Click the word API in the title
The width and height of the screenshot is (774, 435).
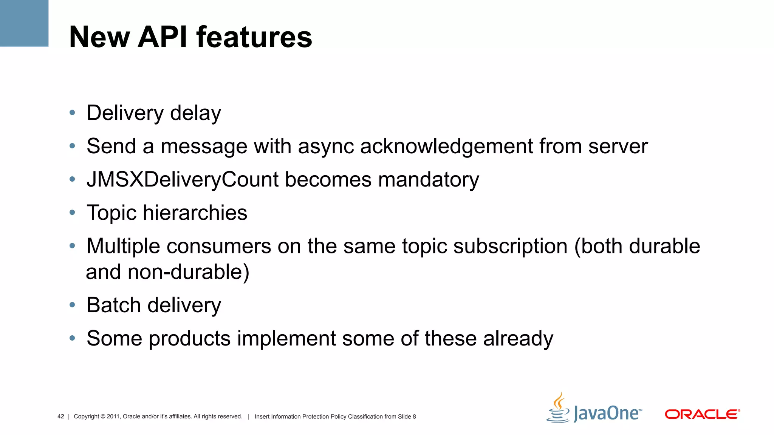(163, 37)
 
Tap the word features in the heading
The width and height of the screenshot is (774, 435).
(254, 37)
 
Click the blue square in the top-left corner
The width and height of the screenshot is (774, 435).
(24, 23)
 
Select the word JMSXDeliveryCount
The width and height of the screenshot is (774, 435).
(183, 179)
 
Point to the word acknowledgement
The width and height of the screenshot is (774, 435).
(446, 146)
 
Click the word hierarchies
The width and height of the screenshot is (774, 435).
(195, 213)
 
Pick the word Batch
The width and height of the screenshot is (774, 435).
(113, 305)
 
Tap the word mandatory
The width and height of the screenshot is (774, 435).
(429, 179)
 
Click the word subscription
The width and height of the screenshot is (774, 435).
(510, 246)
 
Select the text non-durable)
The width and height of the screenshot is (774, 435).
(188, 272)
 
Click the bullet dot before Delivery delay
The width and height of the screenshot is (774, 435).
(72, 113)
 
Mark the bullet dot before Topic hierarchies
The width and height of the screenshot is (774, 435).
(72, 213)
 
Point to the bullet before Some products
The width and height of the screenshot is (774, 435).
(72, 338)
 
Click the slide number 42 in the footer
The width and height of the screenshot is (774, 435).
(60, 416)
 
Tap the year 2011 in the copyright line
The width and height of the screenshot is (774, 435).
(113, 416)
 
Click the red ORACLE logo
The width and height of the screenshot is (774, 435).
(702, 414)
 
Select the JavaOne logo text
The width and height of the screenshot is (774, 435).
(607, 413)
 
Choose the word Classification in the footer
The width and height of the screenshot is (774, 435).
(365, 416)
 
